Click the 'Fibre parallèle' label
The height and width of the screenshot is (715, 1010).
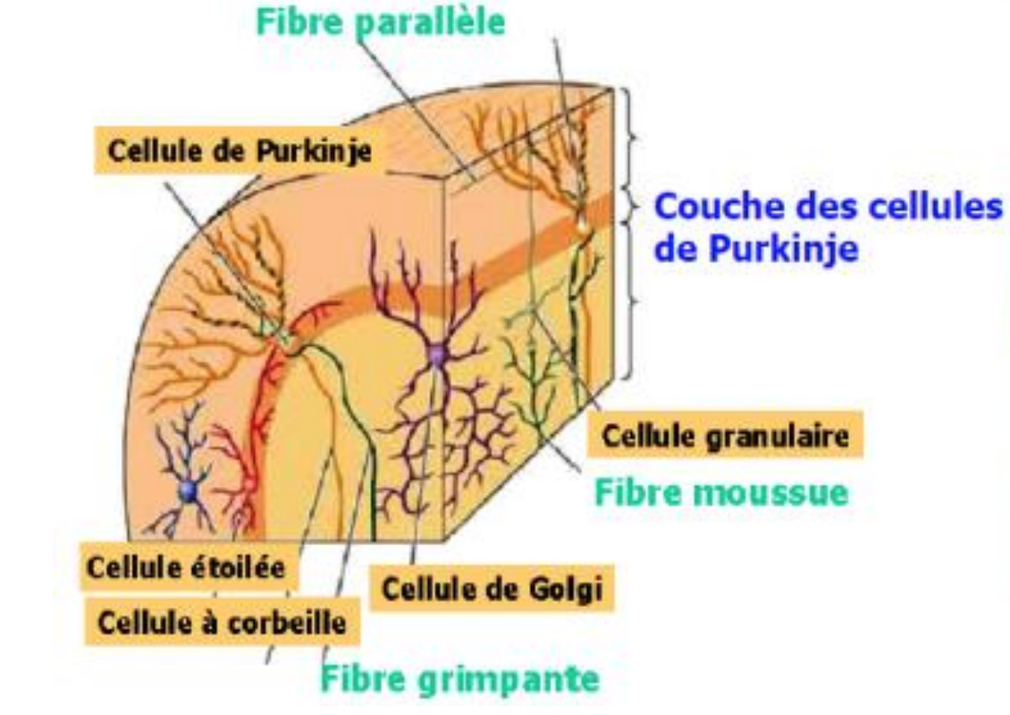pos(380,21)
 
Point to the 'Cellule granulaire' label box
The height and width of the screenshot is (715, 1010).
pos(725,437)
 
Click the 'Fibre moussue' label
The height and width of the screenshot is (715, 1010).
pos(720,491)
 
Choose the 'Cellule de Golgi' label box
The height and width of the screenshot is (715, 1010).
pos(491,590)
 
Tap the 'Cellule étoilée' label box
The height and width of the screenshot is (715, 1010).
pos(190,568)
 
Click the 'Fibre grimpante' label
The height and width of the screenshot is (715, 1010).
pos(459,678)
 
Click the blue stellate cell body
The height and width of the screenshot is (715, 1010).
pos(188,490)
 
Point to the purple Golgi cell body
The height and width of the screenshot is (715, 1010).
pos(436,356)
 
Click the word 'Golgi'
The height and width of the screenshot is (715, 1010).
pos(564,590)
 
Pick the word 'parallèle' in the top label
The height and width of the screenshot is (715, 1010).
pos(428,21)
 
